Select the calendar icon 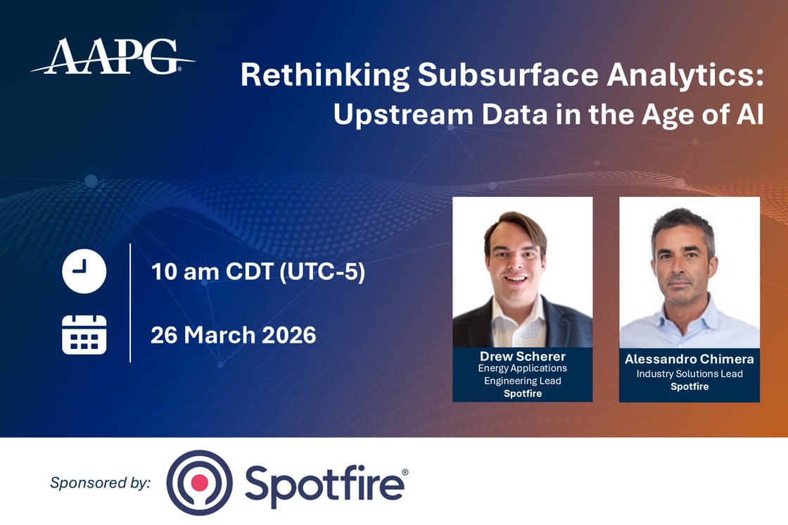(84, 334)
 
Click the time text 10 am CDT (212, 272)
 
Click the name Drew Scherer (522, 356)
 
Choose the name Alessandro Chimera (689, 359)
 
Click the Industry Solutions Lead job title (689, 374)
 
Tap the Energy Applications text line (522, 368)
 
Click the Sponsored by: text (101, 483)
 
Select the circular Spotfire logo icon (199, 483)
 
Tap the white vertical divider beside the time (130, 303)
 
